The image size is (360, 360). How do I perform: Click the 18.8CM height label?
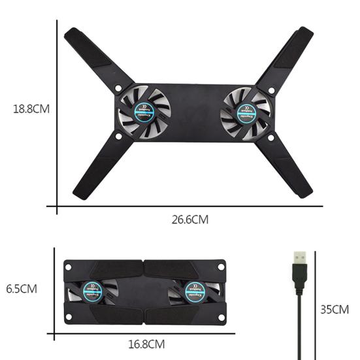[31, 109]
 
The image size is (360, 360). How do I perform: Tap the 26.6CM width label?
[190, 220]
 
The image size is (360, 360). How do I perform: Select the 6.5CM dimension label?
[22, 288]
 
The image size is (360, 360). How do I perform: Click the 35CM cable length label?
[335, 309]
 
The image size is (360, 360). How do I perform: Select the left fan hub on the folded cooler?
[92, 289]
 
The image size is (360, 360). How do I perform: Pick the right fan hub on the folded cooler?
[193, 290]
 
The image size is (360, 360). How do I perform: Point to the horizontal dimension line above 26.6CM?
[189, 206]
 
